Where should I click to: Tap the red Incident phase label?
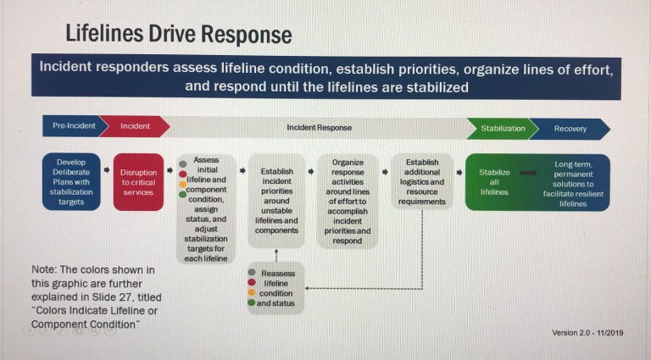point(136,127)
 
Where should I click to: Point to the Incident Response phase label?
point(318,128)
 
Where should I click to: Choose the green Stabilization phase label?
point(503,129)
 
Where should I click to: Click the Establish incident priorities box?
point(276,201)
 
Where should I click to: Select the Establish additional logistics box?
point(422,181)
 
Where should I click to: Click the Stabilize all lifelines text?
point(494,181)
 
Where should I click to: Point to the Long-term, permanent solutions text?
point(574,181)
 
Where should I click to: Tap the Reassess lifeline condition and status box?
point(275,289)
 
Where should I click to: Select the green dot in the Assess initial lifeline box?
point(183,195)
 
